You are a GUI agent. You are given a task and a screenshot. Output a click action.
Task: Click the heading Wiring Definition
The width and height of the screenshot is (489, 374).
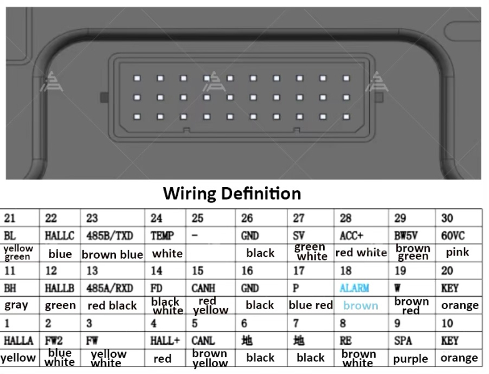coord(232,193)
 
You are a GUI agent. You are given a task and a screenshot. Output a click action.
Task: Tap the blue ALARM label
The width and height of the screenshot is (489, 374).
coord(354,288)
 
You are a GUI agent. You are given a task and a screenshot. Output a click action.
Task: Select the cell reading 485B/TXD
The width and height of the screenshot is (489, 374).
coord(110,236)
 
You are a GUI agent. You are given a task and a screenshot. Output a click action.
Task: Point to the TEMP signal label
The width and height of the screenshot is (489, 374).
coord(162,236)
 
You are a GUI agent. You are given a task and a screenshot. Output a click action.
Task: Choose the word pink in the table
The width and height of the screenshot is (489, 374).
coord(457,252)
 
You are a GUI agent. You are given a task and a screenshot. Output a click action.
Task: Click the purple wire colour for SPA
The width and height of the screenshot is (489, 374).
coord(410,359)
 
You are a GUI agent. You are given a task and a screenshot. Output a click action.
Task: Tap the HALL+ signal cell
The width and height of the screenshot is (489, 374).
coord(165,340)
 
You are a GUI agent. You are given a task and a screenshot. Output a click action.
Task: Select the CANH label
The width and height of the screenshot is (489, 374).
coord(203,288)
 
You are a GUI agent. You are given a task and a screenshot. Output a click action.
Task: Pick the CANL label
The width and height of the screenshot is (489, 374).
coord(203,340)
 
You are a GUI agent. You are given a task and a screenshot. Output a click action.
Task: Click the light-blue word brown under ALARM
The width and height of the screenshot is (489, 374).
coord(361,305)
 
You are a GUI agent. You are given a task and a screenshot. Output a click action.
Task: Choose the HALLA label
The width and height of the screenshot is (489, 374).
coord(19,340)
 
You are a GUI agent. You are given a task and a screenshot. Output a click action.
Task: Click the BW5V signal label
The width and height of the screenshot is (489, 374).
coord(405,236)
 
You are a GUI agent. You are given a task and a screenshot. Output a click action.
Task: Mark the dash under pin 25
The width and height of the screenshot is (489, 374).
coord(195,235)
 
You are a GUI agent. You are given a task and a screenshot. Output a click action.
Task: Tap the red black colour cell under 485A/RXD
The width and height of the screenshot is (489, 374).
coord(112,305)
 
